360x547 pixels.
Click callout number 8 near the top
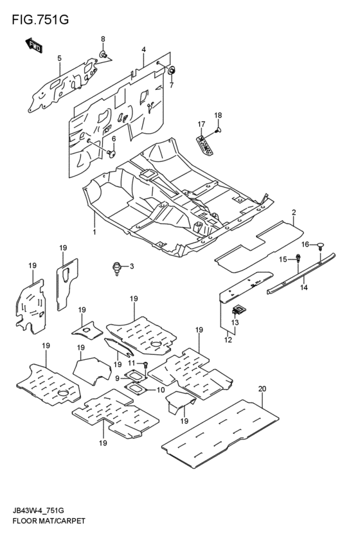102,40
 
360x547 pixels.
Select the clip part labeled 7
172,69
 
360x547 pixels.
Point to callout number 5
59,59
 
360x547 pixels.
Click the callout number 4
143,49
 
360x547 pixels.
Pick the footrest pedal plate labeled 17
206,144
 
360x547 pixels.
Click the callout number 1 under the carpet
94,231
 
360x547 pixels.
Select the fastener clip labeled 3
116,266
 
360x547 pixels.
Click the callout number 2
293,211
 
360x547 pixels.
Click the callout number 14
303,288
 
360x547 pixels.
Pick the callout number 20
262,389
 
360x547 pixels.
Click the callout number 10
160,390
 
